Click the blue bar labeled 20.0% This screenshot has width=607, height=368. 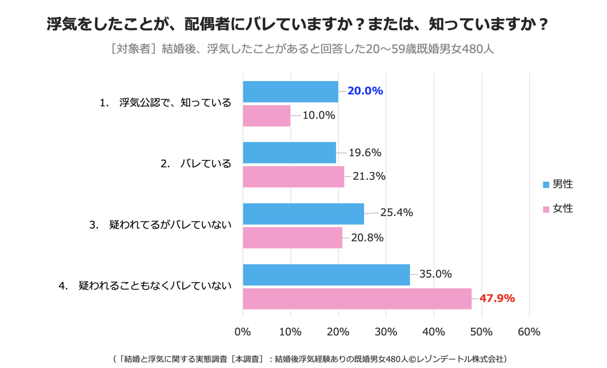(x=290, y=92)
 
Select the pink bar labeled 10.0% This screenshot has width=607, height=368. (x=266, y=116)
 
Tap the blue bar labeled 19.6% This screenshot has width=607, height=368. (x=289, y=153)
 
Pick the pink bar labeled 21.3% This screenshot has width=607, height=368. (x=293, y=176)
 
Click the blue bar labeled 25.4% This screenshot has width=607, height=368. (x=303, y=214)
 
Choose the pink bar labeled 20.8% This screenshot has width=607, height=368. (x=293, y=238)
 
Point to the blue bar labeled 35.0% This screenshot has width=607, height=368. (x=326, y=275)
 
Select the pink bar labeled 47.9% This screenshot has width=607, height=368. (x=357, y=299)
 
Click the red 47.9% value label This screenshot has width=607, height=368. (x=497, y=298)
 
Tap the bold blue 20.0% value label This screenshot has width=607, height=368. (x=365, y=91)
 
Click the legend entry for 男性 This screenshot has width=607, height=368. (x=558, y=184)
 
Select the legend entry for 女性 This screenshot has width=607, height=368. (x=558, y=208)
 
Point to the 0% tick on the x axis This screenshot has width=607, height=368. (x=243, y=332)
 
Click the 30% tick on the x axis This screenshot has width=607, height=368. (x=386, y=332)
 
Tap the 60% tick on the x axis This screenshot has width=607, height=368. (x=529, y=332)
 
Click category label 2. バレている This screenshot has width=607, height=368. (x=196, y=164)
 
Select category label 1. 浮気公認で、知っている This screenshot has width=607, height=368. (x=165, y=103)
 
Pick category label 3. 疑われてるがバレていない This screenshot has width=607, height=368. (x=160, y=225)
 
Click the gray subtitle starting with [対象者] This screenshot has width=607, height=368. (x=302, y=49)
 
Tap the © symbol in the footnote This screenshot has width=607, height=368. (x=412, y=359)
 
